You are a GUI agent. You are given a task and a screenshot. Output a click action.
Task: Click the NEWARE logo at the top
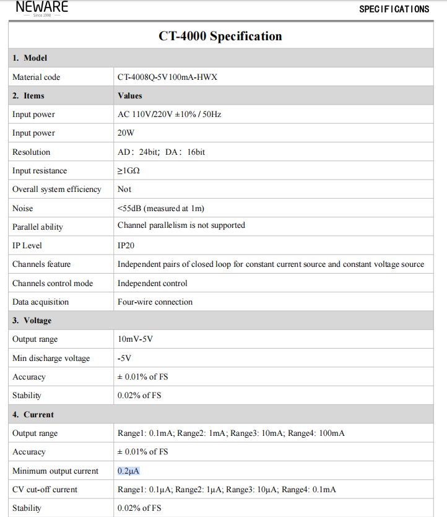[42, 8]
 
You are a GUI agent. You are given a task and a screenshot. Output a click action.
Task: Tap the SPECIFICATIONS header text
[394, 9]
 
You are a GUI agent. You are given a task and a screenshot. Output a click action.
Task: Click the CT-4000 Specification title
[220, 37]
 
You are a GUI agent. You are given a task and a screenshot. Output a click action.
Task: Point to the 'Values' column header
[130, 96]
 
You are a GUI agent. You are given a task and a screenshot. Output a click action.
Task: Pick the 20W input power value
[126, 133]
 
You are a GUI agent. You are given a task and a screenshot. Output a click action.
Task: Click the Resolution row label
[31, 152]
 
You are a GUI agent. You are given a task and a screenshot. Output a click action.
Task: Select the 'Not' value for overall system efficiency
[124, 189]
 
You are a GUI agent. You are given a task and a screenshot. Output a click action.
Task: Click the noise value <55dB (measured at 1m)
[160, 208]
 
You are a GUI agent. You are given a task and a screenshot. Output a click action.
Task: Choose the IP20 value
[126, 246]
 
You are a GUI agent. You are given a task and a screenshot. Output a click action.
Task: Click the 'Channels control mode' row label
[53, 284]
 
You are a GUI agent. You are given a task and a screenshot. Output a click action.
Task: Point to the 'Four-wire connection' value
[155, 302]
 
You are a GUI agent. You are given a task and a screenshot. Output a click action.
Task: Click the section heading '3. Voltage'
[32, 321]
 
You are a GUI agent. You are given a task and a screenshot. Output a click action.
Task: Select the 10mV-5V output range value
[135, 339]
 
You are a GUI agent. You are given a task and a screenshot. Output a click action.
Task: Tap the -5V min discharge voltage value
[124, 358]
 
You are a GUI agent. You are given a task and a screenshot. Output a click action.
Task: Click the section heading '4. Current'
[33, 415]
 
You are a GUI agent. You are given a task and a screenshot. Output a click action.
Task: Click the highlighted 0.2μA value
[128, 471]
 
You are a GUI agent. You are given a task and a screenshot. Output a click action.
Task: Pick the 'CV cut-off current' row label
[45, 490]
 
